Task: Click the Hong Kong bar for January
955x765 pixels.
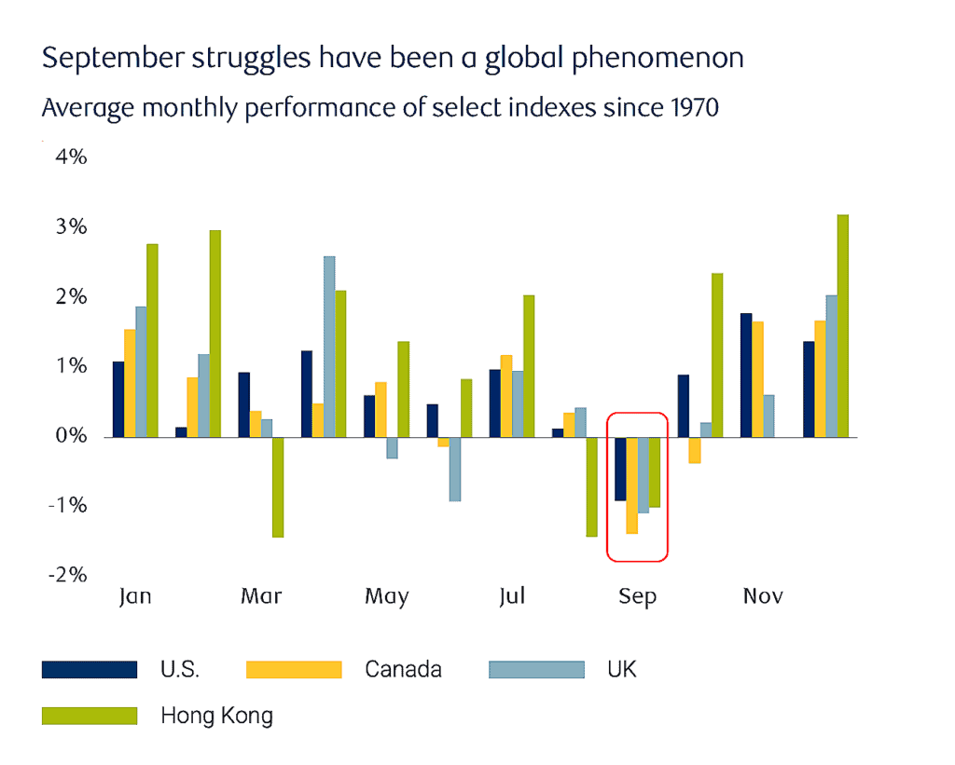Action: pos(152,340)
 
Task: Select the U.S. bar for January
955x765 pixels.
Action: pos(118,399)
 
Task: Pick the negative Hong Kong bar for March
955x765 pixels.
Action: pos(278,486)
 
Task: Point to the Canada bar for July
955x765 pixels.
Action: pos(506,396)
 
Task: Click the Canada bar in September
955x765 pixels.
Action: pos(631,485)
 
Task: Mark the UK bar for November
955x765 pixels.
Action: pos(768,416)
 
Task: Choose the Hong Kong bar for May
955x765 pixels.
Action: pos(403,389)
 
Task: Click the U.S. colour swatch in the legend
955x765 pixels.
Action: pos(90,669)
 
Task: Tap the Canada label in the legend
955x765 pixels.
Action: pos(403,669)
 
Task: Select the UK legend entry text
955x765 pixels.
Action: pos(621,669)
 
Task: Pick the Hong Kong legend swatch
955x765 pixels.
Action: pos(90,716)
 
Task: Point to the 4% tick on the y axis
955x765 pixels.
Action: pos(71,157)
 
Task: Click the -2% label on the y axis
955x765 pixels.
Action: pos(67,575)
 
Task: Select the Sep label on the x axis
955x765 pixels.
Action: pos(637,596)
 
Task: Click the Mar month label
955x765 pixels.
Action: pos(261,596)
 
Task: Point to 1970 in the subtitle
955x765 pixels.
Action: pos(695,108)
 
